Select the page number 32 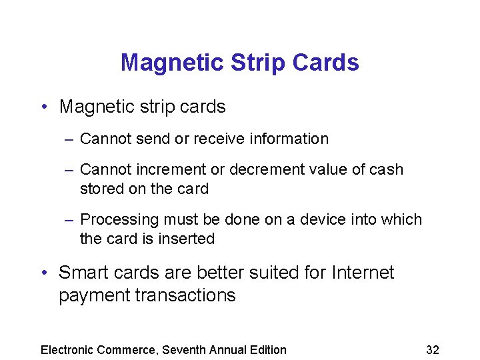click(432, 350)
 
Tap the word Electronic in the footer click(68, 350)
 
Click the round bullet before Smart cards click(43, 273)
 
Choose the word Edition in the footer click(267, 350)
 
